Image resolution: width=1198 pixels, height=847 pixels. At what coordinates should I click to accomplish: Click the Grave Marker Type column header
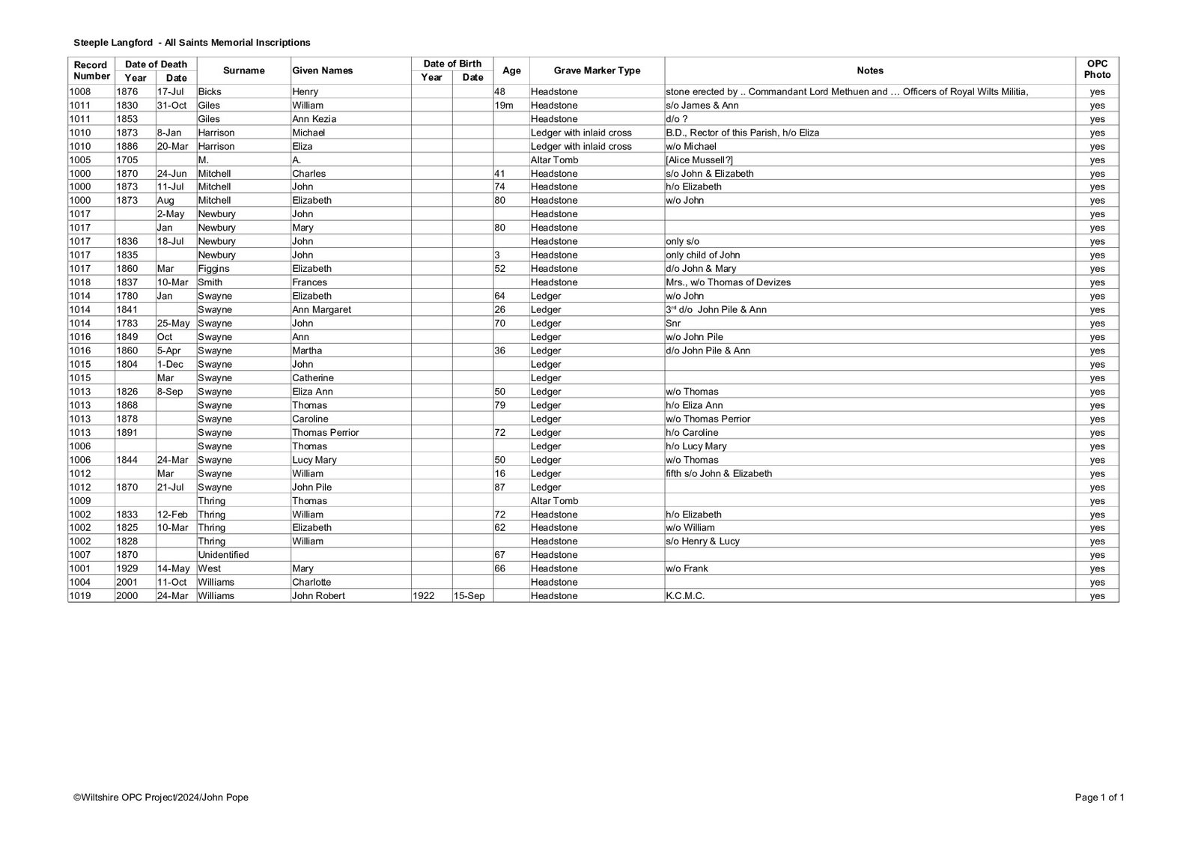pos(597,70)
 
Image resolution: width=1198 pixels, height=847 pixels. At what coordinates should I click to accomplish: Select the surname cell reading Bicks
pos(210,91)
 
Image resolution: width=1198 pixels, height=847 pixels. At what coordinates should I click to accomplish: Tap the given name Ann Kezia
pos(314,119)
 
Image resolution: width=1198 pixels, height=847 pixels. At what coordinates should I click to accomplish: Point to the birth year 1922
pos(423,596)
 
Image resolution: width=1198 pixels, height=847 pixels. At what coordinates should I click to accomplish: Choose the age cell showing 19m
pos(504,106)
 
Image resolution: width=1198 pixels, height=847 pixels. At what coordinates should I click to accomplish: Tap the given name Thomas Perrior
pos(325,433)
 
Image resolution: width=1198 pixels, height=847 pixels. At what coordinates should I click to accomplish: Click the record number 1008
pos(79,91)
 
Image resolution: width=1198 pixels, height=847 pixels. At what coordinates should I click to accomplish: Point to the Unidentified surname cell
pos(223,555)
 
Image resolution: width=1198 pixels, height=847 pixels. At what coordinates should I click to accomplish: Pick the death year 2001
pos(127,583)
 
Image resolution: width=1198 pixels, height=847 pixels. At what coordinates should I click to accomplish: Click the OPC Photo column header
pos(1097,70)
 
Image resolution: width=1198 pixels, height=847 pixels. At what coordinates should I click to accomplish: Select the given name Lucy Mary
pos(314,460)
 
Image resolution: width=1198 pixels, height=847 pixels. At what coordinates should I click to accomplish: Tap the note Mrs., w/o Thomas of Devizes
pos(728,282)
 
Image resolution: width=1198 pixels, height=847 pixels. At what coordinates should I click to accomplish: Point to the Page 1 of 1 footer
pos(1099,798)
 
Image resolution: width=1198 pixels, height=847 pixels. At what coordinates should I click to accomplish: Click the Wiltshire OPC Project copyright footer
pos(160,798)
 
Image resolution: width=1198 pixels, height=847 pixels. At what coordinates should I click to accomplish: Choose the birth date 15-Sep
pos(468,596)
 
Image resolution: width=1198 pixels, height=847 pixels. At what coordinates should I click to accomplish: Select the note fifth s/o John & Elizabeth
pos(718,473)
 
